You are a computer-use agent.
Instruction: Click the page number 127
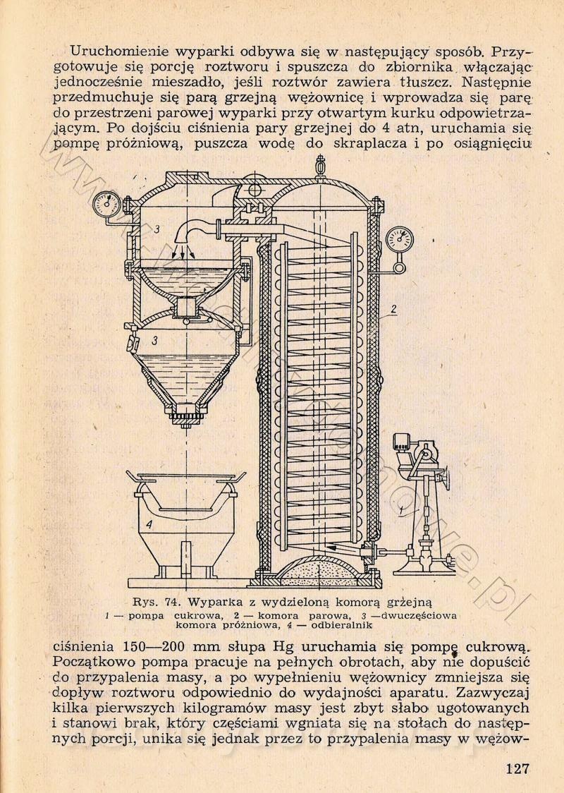point(517,769)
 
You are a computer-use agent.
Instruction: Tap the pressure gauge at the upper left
point(106,205)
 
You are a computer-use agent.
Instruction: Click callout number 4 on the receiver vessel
point(149,525)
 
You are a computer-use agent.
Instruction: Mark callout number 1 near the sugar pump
point(401,511)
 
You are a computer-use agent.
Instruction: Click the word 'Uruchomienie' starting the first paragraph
point(119,51)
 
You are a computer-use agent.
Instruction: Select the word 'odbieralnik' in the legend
point(342,625)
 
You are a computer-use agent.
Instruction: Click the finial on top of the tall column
point(319,165)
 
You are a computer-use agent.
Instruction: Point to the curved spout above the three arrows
point(194,231)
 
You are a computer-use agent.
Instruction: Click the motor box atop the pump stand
point(403,440)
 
